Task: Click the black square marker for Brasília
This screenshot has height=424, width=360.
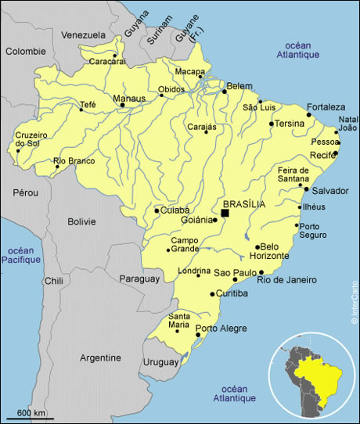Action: (225, 213)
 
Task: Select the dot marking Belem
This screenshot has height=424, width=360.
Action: (225, 92)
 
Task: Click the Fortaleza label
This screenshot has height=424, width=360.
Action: (326, 106)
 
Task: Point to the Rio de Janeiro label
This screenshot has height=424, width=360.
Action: (286, 279)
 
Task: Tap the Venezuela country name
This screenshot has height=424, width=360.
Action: (83, 35)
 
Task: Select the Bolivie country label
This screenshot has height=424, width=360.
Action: (81, 221)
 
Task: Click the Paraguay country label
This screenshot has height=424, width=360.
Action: (139, 278)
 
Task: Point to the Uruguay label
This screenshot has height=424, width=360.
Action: (161, 362)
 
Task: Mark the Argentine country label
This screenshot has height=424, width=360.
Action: (101, 358)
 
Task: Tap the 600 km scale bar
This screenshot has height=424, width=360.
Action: (30, 415)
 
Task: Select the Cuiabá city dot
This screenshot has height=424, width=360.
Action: (157, 210)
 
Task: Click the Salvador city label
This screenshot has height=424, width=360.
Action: (330, 190)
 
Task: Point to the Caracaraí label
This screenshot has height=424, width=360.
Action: (106, 61)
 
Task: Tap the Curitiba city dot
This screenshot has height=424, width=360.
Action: (212, 294)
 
